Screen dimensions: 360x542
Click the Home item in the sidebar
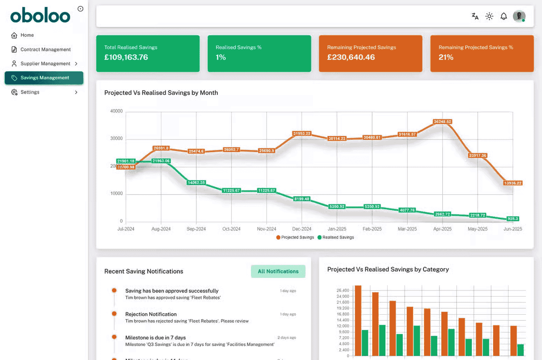tap(27, 35)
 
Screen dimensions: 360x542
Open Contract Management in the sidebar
tap(45, 50)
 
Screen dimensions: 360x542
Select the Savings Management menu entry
tap(44, 78)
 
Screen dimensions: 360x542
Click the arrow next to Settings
tap(76, 92)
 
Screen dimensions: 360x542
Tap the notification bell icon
tap(504, 16)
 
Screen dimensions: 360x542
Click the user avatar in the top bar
tap(519, 16)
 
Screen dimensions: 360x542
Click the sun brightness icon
tap(489, 16)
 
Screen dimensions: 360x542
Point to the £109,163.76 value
tap(126, 57)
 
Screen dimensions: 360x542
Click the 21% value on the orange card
tap(446, 57)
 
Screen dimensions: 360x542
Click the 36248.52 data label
tap(442, 122)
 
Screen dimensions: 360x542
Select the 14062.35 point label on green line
tap(196, 182)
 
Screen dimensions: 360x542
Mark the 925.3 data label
tap(513, 219)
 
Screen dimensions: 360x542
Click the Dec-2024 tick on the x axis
tap(301, 229)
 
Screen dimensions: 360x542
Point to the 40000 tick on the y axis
tap(116, 111)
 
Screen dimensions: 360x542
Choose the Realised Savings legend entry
tap(338, 237)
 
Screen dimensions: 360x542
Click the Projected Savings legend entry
tap(297, 237)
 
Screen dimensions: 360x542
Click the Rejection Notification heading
tap(151, 314)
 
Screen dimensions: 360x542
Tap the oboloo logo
tap(40, 16)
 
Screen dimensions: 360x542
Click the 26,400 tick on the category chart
tap(343, 290)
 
